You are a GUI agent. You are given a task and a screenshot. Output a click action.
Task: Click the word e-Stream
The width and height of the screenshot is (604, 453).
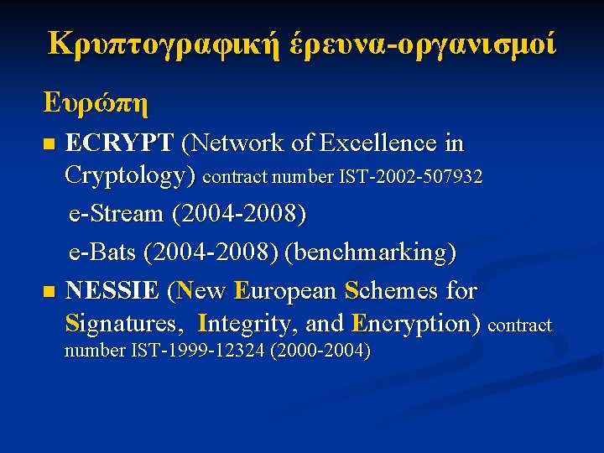click(x=116, y=213)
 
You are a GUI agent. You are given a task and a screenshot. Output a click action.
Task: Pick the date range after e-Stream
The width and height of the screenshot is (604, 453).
click(x=239, y=213)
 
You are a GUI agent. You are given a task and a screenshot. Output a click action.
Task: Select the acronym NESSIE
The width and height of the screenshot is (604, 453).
click(x=112, y=291)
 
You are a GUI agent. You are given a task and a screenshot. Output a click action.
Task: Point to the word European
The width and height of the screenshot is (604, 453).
click(x=286, y=291)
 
